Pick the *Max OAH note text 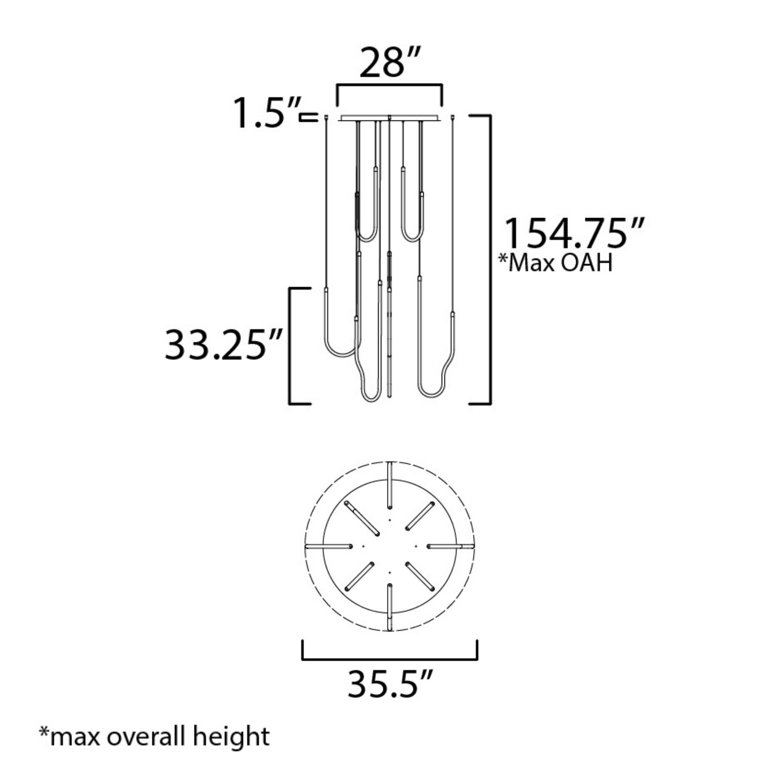click(556, 263)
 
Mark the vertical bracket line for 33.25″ click(290, 345)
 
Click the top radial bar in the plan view click(389, 486)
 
